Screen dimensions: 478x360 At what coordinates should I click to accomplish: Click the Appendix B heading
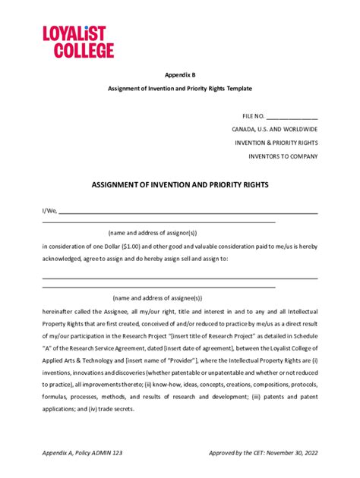179,76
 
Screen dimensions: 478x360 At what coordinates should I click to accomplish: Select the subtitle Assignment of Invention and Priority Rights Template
179,89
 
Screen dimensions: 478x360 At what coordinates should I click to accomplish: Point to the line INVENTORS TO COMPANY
283,156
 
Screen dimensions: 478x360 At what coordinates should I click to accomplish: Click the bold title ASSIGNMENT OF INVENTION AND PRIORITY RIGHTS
180,184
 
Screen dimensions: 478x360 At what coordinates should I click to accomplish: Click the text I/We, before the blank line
49,211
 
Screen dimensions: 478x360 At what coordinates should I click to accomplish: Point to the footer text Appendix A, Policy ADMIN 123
82,452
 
